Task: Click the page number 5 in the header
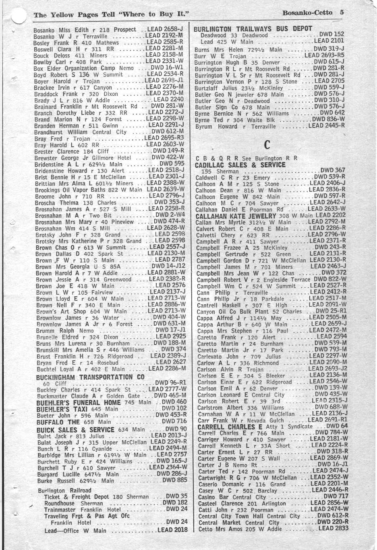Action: point(342,12)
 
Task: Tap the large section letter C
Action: point(267,144)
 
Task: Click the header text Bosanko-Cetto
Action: point(307,12)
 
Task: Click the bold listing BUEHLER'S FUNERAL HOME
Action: point(78,402)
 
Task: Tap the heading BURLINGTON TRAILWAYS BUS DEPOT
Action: point(253,29)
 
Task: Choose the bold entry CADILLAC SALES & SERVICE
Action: point(240,165)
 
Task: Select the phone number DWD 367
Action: point(333,170)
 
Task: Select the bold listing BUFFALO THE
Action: point(58,422)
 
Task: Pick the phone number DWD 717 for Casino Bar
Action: point(336,497)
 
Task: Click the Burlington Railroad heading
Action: point(64,490)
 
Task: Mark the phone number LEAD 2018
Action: point(172,530)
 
